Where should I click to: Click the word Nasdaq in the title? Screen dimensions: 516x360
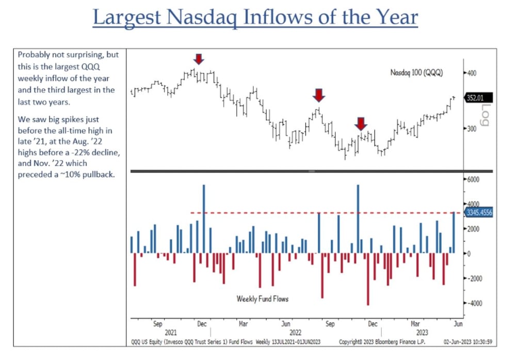pyautogui.click(x=201, y=17)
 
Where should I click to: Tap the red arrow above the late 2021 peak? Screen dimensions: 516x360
pyautogui.click(x=199, y=59)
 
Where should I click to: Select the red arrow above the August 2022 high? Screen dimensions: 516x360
pyautogui.click(x=319, y=95)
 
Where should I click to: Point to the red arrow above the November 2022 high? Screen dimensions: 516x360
pyautogui.click(x=361, y=124)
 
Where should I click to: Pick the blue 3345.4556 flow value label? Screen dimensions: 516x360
pyautogui.click(x=479, y=212)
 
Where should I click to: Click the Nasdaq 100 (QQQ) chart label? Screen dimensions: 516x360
pyautogui.click(x=416, y=72)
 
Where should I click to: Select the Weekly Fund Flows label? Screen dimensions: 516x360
pyautogui.click(x=262, y=299)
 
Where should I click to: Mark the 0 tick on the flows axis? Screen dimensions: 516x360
pyautogui.click(x=469, y=253)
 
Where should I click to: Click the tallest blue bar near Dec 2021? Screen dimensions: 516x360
pyautogui.click(x=204, y=219)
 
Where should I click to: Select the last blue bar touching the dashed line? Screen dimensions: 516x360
pyautogui.click(x=454, y=233)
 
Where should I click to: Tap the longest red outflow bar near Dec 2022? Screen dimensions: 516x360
pyautogui.click(x=368, y=279)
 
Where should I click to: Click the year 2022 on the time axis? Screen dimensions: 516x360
pyautogui.click(x=295, y=332)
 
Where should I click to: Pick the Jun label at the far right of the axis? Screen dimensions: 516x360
pyautogui.click(x=458, y=324)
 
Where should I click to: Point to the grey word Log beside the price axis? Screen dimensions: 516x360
pyautogui.click(x=485, y=115)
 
